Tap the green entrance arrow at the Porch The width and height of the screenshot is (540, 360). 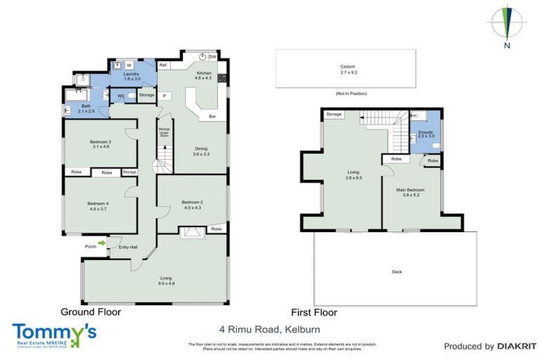click(x=102, y=243)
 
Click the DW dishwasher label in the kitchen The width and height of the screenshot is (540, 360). click(x=212, y=57)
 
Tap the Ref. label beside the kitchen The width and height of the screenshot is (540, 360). click(x=162, y=65)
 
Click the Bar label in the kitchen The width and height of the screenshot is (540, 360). click(x=211, y=116)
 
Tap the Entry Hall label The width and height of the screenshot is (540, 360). click(x=128, y=247)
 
